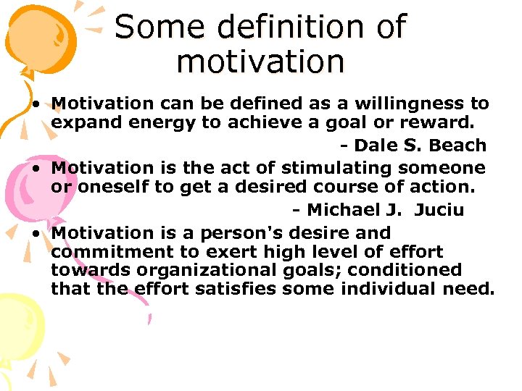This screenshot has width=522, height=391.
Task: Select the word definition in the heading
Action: [280, 28]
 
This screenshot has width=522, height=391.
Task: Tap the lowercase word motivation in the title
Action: [260, 62]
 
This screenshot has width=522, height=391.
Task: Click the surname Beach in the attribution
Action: [457, 146]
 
